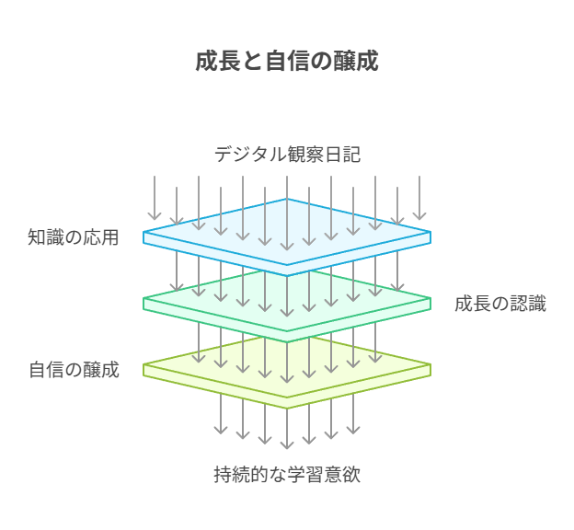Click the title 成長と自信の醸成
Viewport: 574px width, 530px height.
[287, 62]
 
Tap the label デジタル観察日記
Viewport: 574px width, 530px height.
[287, 155]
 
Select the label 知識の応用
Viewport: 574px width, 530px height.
[74, 237]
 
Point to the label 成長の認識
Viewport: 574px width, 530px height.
[500, 304]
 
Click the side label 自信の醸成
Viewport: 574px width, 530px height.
[74, 371]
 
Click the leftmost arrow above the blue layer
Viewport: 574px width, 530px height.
[155, 198]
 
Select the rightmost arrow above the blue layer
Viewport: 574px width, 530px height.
[419, 198]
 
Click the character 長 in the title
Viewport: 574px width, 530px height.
[228, 62]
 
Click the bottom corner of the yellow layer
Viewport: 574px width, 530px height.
[287, 405]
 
